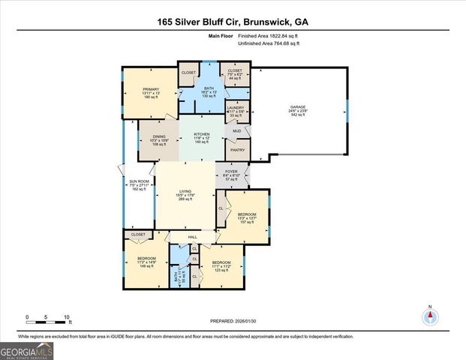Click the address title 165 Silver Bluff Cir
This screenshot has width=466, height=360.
(233, 22)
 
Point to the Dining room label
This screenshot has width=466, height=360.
(158, 137)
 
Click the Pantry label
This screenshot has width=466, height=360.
(236, 150)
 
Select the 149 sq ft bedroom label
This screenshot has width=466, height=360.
(146, 262)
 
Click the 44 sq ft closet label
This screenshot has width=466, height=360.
(235, 74)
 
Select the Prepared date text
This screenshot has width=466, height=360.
(233, 320)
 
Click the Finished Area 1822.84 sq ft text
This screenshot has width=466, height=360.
(268, 36)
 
